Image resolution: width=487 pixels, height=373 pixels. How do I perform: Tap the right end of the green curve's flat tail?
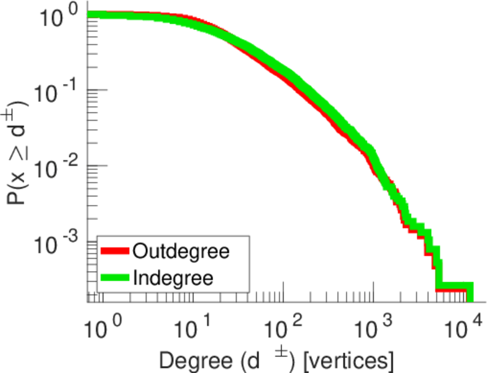pos(470,287)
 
